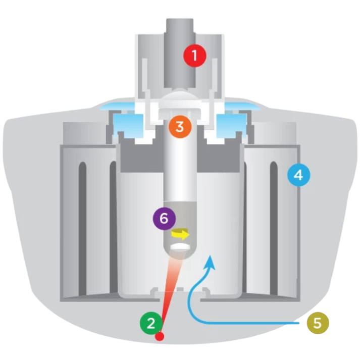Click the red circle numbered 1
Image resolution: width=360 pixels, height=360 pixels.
point(195,56)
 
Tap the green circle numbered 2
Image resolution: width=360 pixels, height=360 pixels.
point(151,323)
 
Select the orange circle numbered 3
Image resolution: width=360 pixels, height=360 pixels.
point(180,127)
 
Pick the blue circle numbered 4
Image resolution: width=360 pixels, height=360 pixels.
point(299,175)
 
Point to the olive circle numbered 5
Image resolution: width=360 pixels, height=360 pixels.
point(318,323)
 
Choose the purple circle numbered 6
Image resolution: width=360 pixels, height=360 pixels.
point(165,218)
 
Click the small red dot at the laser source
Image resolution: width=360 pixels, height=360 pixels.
point(160,337)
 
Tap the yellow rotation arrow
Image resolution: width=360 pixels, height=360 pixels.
point(180,234)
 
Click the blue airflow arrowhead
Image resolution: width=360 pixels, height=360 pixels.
point(210,263)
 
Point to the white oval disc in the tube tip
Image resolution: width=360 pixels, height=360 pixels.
point(180,247)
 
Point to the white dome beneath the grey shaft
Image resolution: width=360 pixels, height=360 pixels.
point(180,96)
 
